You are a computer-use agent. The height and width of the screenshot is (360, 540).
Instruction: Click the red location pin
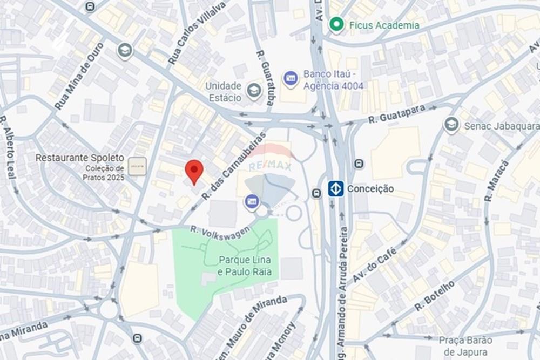194,171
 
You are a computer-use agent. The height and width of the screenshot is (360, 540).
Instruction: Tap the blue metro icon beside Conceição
336,189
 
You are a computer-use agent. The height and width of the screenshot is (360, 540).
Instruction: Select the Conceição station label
370,189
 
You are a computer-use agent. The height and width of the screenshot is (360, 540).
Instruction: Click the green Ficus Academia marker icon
337,24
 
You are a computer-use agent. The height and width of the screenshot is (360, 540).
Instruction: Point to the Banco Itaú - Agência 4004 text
333,80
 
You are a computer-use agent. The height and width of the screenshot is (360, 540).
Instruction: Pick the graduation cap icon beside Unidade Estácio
254,91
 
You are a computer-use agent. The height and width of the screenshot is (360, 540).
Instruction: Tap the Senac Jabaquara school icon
451,125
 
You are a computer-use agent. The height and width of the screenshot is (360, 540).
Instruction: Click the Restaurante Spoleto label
80,158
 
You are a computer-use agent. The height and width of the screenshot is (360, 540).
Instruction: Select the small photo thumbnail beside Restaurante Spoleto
137,166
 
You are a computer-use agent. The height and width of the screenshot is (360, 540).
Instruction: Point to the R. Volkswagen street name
220,230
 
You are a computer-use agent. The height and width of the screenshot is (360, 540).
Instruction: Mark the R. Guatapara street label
396,115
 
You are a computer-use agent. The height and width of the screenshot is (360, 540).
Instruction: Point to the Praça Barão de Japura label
465,345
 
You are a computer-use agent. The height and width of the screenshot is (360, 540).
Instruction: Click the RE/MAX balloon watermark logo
270,173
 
